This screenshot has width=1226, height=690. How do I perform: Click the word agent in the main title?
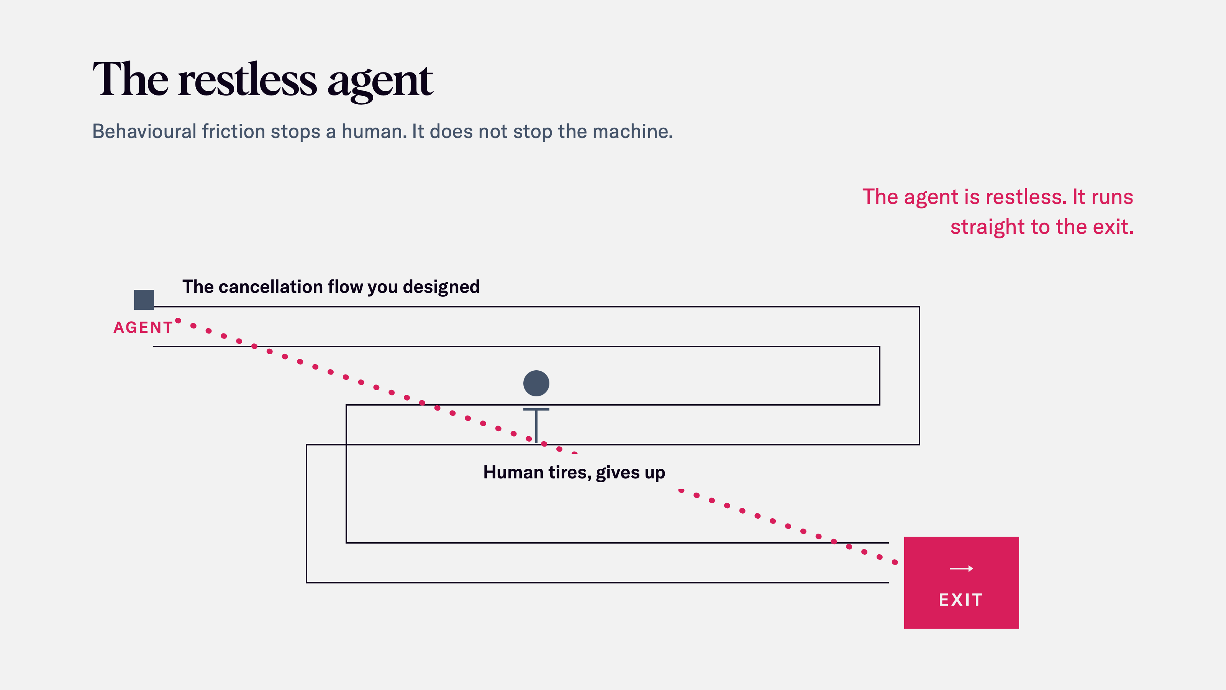[380, 82]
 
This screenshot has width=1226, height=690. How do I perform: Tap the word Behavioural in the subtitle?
[144, 131]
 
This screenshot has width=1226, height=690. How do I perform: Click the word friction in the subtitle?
[234, 131]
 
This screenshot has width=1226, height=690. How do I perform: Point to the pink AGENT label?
[143, 328]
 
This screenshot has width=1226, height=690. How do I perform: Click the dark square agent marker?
[144, 299]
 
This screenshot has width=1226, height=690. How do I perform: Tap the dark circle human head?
[536, 383]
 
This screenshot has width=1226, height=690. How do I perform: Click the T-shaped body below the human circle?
[536, 425]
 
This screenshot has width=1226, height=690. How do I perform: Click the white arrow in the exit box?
[961, 568]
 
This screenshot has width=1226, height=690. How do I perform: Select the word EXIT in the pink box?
[961, 600]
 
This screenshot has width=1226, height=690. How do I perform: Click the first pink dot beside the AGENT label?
[178, 320]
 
